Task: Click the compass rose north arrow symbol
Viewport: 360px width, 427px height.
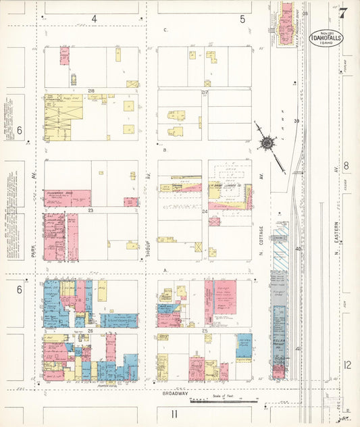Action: [x=269, y=143]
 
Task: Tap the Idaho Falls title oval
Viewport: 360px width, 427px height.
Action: [x=326, y=37]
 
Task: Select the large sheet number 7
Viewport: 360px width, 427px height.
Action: [x=344, y=13]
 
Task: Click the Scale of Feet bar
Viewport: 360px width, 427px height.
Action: [x=224, y=401]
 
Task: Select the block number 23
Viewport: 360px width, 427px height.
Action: [x=89, y=211]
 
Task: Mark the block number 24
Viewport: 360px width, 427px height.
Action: [x=204, y=211]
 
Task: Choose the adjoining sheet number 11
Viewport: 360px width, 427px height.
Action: [x=174, y=414]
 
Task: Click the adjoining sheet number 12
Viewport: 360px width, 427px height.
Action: [x=346, y=365]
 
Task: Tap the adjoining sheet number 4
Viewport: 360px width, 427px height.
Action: [x=95, y=19]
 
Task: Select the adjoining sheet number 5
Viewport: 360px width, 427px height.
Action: [x=242, y=19]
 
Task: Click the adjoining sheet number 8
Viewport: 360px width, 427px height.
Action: [x=346, y=166]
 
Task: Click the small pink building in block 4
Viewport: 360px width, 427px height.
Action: [x=64, y=55]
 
